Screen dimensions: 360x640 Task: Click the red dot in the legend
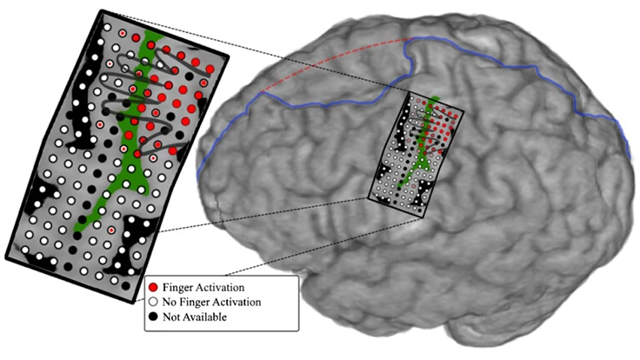(154, 287)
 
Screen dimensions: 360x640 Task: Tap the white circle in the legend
(154, 302)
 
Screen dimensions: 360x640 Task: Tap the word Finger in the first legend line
(179, 287)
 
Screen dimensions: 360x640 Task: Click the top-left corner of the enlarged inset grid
(102, 11)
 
